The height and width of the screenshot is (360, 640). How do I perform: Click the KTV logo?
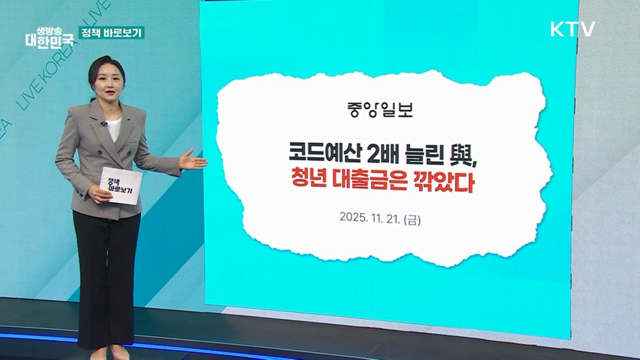[572, 29]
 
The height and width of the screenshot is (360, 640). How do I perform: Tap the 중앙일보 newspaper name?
[380, 108]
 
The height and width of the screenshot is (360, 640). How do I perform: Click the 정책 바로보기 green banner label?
[111, 32]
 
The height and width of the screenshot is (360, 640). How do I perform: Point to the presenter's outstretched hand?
[193, 159]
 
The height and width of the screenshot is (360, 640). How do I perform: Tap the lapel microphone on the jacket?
[104, 123]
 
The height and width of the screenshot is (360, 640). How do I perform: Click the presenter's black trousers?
[107, 273]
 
